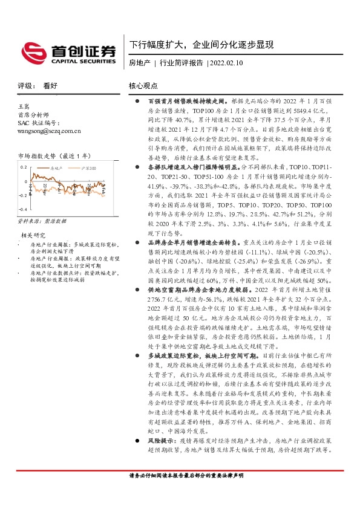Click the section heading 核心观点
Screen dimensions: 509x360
[143, 86]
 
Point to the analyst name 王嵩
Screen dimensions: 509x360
[25, 106]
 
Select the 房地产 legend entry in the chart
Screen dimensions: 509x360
[58, 167]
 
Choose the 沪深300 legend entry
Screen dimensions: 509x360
[91, 167]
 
